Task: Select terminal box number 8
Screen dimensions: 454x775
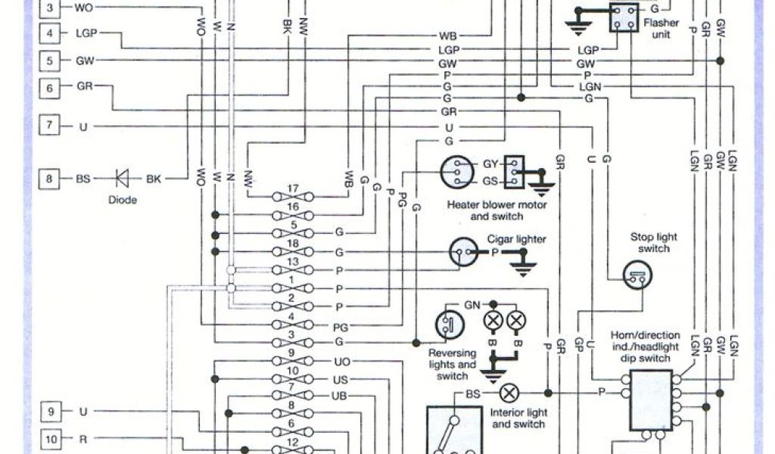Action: (50, 179)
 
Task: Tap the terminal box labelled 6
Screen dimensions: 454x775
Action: (50, 88)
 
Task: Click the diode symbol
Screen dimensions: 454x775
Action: (121, 179)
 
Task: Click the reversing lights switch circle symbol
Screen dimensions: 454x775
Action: (448, 323)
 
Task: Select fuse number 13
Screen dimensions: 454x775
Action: (291, 269)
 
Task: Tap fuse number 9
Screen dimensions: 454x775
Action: (291, 361)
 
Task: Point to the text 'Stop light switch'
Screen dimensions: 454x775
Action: (654, 242)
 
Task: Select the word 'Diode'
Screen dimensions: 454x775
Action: (121, 201)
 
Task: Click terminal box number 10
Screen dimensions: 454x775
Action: (50, 438)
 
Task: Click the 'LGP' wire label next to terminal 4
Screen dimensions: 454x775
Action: (86, 33)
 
